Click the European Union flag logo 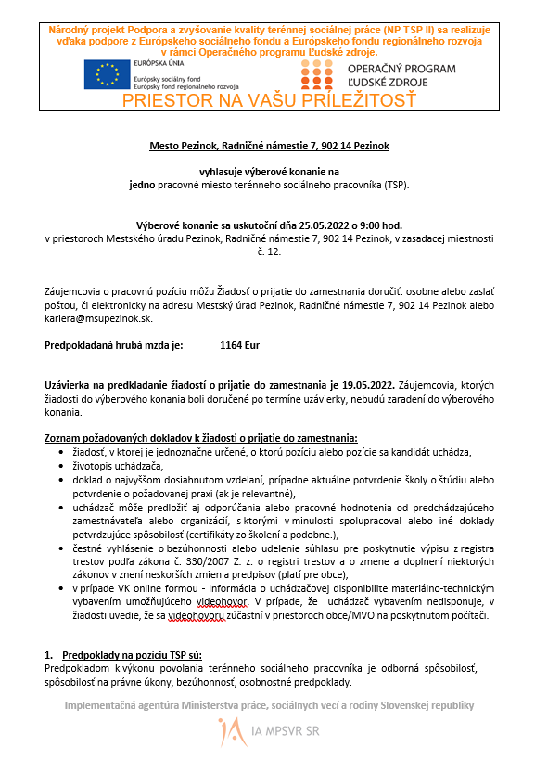pos(107,74)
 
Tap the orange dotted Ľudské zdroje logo pos(316,74)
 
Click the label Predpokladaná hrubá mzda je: pos(114,345)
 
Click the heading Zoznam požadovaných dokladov pos(200,437)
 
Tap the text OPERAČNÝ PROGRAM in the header pos(401,69)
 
